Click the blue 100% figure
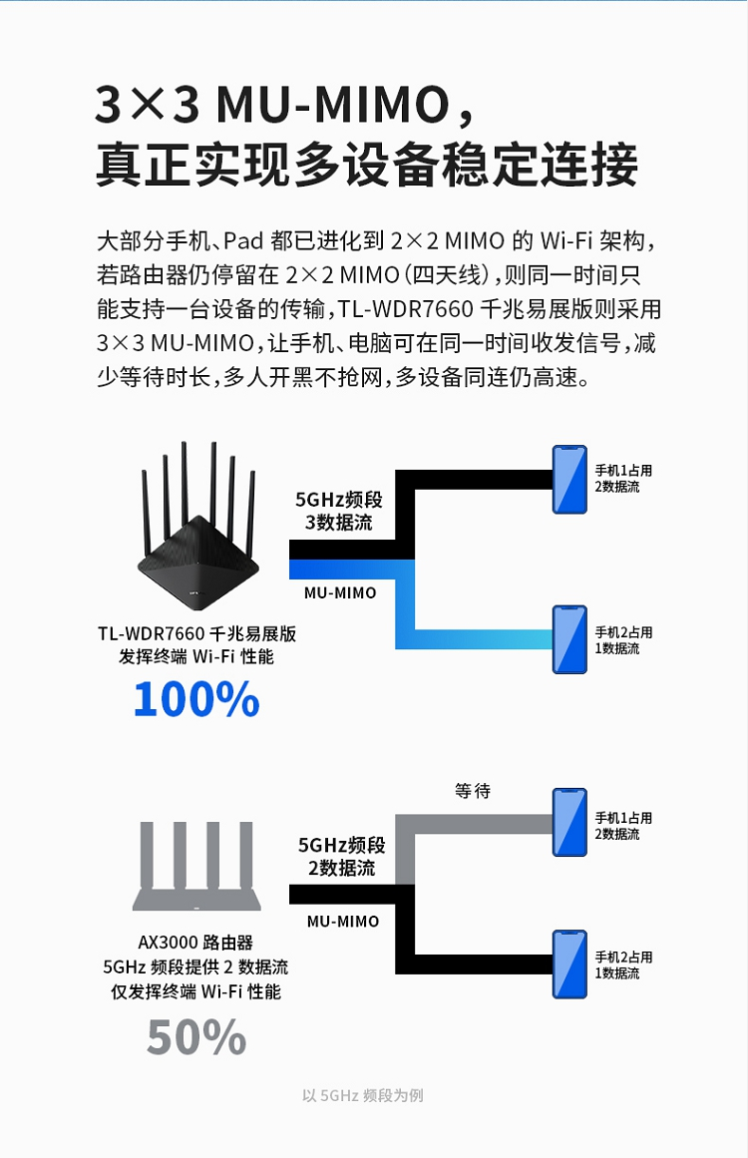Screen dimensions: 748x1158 tap(196, 698)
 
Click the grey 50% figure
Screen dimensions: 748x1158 tap(196, 1037)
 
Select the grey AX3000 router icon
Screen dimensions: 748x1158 tap(196, 866)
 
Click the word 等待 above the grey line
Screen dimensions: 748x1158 tap(473, 791)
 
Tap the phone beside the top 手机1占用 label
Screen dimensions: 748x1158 tap(570, 480)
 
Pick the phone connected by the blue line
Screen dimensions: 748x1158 tap(570, 639)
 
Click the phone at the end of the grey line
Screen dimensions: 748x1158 tap(570, 822)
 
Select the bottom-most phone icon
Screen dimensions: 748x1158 tap(570, 965)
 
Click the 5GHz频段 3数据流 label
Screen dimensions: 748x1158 tap(339, 511)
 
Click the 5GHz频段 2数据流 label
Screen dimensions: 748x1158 tap(342, 856)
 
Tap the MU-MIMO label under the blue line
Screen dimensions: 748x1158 tap(340, 593)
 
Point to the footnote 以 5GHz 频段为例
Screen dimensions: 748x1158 tap(363, 1095)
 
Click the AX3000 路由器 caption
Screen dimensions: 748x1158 tap(195, 943)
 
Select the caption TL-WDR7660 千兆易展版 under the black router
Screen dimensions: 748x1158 tap(197, 633)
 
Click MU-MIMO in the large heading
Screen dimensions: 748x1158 tap(333, 104)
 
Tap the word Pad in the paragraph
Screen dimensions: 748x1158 tap(243, 240)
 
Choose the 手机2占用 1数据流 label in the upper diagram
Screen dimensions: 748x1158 tap(624, 640)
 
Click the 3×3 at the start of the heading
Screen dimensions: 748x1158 tap(148, 104)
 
